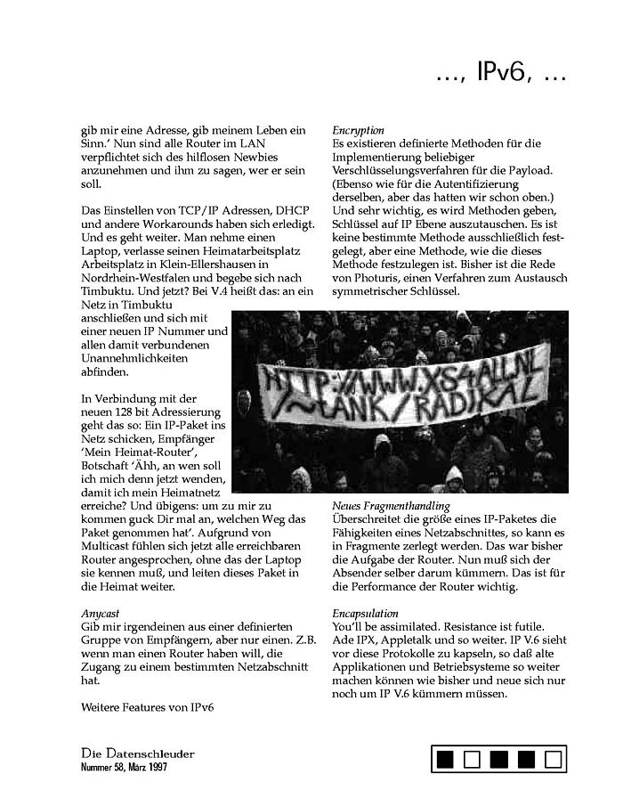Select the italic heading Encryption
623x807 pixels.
pos(358,130)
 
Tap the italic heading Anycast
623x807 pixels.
pos(101,614)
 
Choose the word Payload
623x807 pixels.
pos(529,169)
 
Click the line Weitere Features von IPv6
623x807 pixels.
pos(146,708)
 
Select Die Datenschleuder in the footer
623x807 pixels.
pos(138,754)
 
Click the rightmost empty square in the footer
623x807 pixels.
pos(553,759)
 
